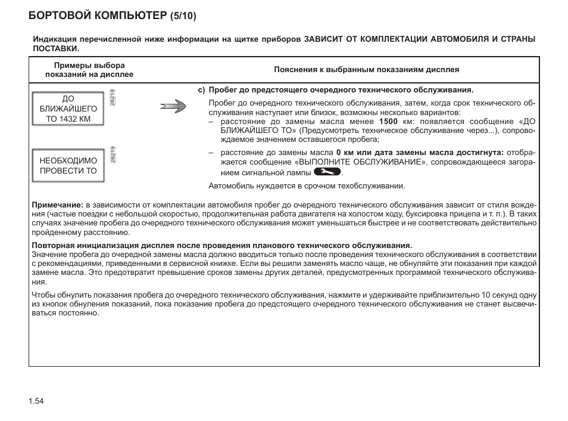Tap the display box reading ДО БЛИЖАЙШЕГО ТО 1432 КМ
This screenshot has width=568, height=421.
pos(68,109)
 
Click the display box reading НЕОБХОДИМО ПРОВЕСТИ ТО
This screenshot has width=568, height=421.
pos(68,166)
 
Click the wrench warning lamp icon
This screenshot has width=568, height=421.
pos(327,172)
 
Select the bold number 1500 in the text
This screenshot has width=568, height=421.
pos(389,121)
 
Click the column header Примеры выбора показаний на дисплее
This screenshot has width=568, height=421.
pos(90,69)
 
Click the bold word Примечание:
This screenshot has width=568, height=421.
pos(56,205)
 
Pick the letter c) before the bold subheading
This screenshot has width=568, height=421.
pos(201,90)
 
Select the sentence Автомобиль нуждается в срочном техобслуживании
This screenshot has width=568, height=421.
pos(307,185)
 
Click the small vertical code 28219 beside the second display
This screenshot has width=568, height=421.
pos(113,155)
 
